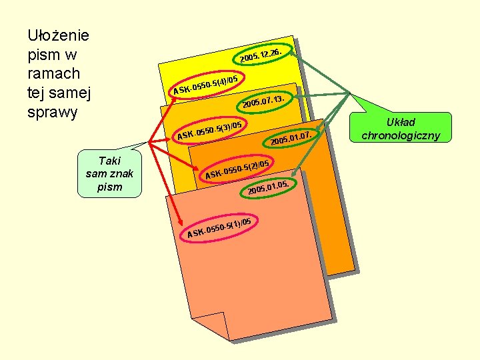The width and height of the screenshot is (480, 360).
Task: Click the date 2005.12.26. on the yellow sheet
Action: coord(261,55)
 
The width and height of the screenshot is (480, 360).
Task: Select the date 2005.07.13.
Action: coord(263,102)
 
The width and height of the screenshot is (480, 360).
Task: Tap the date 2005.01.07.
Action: coord(291,139)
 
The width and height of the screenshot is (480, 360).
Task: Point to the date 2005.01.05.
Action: coord(268,187)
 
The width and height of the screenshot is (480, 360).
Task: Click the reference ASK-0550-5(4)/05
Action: coord(205,85)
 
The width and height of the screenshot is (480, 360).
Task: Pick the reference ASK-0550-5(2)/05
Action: coord(237,169)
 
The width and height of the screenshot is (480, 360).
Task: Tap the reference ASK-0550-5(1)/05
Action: coord(219,228)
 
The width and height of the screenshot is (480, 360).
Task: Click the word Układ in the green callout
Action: coord(401,122)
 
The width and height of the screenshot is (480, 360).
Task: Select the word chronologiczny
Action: coord(401,135)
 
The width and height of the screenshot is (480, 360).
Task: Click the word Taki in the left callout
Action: coord(109,161)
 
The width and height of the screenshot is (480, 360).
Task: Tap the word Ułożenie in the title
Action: coord(58,35)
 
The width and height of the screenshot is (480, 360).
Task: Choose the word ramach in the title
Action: coord(54,74)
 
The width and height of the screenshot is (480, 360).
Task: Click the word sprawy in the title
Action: coord(53,113)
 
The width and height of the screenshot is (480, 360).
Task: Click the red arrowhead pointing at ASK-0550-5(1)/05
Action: coord(181,222)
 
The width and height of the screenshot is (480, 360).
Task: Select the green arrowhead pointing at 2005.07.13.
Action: coord(297,97)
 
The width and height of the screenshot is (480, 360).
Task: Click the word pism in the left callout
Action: coord(109,187)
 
